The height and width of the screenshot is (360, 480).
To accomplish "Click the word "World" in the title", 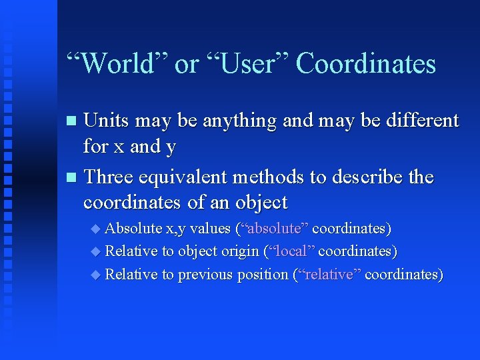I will pos(116,64).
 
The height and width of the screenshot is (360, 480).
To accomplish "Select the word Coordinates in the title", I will pos(365,64).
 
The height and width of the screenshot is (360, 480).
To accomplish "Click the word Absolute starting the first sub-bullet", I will pos(133,229).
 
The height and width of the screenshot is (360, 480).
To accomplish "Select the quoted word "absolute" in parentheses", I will pos(275,229).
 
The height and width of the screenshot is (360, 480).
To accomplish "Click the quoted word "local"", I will pos(291,251).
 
